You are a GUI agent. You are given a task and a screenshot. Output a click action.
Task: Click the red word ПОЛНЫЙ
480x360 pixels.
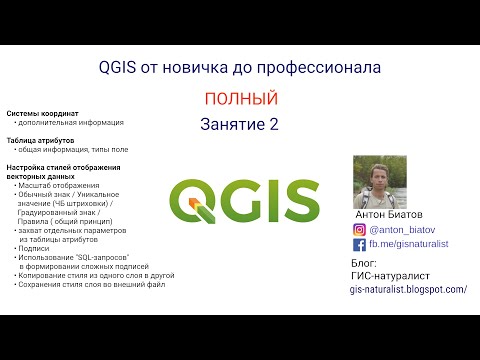[239, 99]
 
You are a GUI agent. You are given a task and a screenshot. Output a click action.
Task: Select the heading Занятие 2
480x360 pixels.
[239, 125]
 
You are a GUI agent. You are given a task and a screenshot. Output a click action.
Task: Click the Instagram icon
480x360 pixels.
[360, 228]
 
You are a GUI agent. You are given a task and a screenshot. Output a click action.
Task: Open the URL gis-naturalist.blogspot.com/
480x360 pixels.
[408, 288]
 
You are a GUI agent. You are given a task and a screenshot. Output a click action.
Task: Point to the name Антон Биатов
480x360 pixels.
[389, 214]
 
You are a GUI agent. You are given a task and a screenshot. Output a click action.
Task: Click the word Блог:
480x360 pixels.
[367, 262]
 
